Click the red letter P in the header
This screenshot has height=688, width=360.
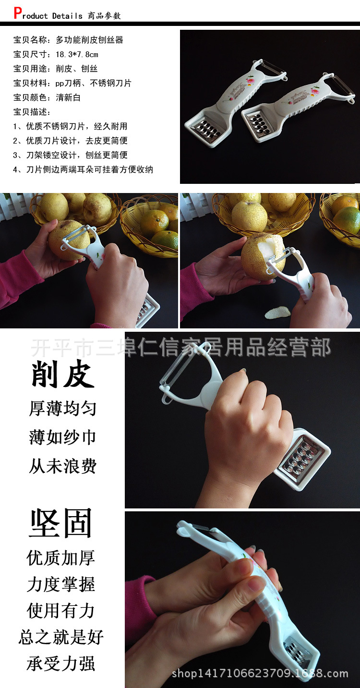18,13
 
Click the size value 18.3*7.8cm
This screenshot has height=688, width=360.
77,54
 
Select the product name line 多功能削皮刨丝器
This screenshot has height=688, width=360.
89,40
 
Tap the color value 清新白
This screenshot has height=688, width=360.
68,97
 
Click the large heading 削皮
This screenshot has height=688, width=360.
62,374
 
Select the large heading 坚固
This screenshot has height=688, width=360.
61,523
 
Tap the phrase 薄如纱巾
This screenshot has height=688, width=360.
62,437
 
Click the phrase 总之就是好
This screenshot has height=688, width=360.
61,637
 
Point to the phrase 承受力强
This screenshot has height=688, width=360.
61,664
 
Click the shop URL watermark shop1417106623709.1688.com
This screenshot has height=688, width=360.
260,674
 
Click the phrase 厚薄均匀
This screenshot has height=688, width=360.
62,409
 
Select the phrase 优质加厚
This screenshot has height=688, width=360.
61,558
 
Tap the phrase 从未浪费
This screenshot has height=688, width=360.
62,466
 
